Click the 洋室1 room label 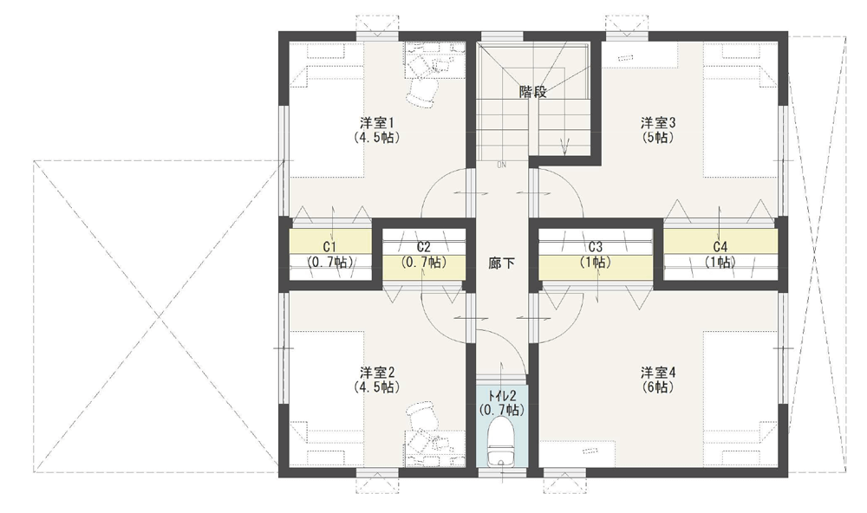pos(376,121)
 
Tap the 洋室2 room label pos(376,372)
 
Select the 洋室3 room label pos(658,121)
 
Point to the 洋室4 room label pos(658,372)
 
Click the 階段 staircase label pos(533,92)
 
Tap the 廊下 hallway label pos(502,263)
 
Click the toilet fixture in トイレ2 pos(501,440)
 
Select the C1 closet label pos(330,247)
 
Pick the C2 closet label pos(424,247)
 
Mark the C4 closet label pos(720,247)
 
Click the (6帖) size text pos(658,387)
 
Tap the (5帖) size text pos(658,137)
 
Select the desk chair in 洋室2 pos(421,414)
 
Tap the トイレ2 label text pos(501,396)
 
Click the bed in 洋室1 pos(327,111)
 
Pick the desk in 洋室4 pos(577,453)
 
